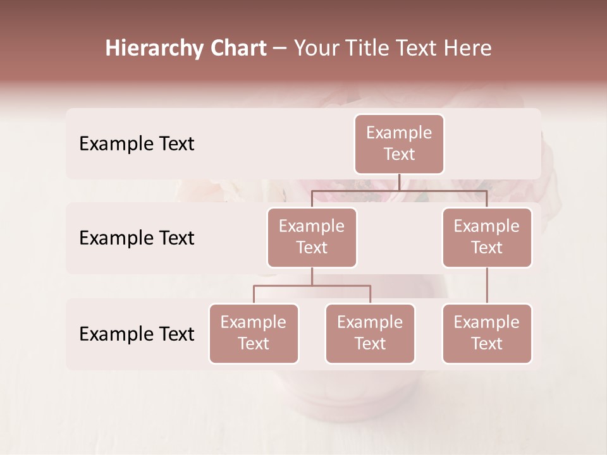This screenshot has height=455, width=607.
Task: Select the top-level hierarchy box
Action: tap(399, 144)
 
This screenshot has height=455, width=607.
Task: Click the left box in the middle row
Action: tap(312, 238)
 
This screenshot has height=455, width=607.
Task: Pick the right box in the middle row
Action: tap(487, 238)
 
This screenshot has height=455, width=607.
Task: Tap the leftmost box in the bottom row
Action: tap(254, 334)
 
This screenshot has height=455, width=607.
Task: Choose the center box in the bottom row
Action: tap(370, 334)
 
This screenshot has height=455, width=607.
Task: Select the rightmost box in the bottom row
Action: tap(487, 334)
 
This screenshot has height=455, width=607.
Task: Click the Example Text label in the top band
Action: tap(137, 144)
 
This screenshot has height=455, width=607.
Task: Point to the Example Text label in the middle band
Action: tap(137, 238)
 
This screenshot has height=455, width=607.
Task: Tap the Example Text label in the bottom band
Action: tap(137, 334)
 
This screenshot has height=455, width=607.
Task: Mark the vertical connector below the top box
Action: tap(399, 182)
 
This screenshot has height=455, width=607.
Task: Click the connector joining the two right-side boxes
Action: tap(487, 286)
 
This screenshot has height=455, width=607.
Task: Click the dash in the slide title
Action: tap(280, 49)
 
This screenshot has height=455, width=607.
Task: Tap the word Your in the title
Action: tap(314, 49)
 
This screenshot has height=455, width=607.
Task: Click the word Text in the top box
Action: tap(399, 154)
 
